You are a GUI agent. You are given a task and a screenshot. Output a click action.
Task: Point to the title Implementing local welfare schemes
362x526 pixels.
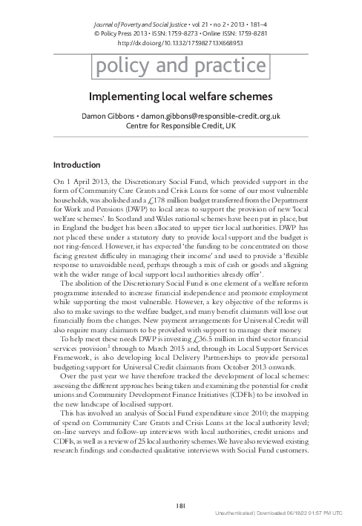[181, 97]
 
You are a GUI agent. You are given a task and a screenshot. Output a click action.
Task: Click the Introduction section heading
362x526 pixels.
[77, 165]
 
